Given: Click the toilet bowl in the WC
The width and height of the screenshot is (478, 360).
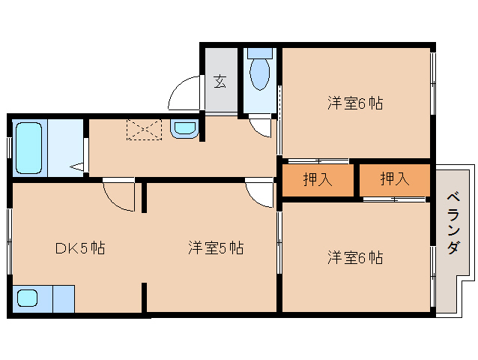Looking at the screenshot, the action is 259,74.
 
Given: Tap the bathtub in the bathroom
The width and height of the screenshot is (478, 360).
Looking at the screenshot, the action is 28,148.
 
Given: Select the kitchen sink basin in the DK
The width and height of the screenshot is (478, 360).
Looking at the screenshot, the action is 28,298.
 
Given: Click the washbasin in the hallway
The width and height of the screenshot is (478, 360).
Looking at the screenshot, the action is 185,128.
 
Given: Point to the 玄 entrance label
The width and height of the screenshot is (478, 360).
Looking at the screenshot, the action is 220,81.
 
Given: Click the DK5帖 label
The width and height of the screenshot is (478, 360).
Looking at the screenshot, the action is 80,248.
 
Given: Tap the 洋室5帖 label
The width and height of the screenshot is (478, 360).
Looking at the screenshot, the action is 216,247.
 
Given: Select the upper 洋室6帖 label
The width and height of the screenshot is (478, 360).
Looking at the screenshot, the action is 355,103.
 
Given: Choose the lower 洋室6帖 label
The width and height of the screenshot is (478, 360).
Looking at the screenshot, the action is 355,258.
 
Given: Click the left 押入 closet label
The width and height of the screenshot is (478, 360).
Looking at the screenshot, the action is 318,179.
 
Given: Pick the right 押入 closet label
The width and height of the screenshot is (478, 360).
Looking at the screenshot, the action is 395,178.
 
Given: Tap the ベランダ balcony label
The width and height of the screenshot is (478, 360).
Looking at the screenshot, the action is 453,223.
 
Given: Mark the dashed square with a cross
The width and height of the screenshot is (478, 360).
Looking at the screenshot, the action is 144,130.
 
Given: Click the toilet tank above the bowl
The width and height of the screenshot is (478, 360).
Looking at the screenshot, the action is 260,53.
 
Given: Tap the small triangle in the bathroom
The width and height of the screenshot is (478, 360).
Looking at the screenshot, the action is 77,166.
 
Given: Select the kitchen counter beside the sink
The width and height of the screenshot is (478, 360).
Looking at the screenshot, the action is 64,299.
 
